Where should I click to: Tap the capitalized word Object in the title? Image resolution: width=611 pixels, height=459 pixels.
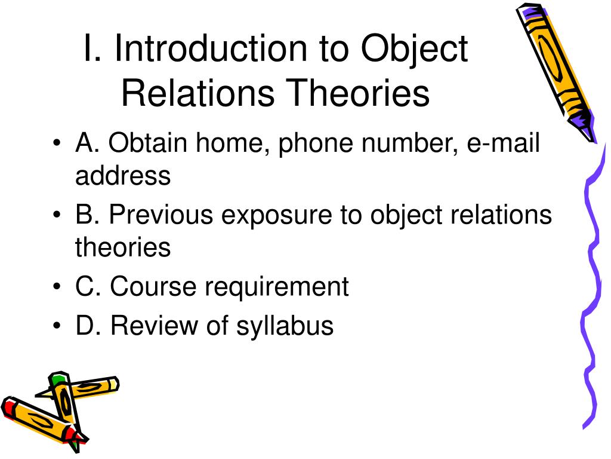click(414, 49)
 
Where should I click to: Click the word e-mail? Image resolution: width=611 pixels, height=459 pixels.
click(504, 145)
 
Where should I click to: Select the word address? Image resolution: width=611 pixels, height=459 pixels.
click(123, 176)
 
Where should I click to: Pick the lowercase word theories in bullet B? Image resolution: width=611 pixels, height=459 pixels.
click(123, 247)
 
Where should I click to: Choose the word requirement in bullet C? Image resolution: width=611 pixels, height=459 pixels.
click(276, 287)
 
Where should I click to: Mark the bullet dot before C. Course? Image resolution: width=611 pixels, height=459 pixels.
click(57, 287)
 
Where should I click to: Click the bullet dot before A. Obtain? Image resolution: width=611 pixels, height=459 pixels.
click(57, 145)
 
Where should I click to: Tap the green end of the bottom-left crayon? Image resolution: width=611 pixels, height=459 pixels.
click(58, 379)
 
